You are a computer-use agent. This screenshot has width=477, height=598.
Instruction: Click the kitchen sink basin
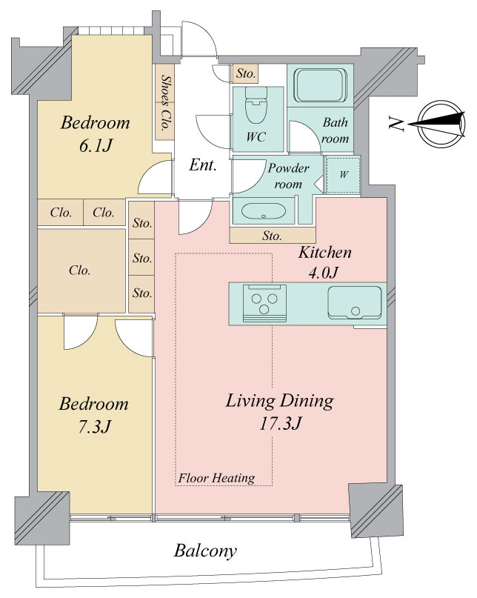(355, 302)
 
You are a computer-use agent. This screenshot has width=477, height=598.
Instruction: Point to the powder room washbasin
(264, 211)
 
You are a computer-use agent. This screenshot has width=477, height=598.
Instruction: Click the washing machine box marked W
(343, 175)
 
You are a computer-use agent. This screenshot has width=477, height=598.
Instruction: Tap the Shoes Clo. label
(165, 102)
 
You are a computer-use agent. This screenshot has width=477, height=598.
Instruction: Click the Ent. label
(203, 165)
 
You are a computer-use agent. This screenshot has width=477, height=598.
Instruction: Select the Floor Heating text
(216, 478)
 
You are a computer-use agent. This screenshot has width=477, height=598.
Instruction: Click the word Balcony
(205, 551)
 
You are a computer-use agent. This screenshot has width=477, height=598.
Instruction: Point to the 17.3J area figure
(280, 423)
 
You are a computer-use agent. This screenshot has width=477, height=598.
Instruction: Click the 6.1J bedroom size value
(96, 145)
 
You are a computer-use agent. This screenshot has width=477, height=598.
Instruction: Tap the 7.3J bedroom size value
(94, 427)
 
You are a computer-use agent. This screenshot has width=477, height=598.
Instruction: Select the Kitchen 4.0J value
(324, 273)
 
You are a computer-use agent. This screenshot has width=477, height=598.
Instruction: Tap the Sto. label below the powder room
(272, 236)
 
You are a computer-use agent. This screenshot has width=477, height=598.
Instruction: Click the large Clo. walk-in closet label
(80, 270)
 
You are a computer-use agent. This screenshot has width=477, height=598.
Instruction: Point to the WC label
(256, 137)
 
